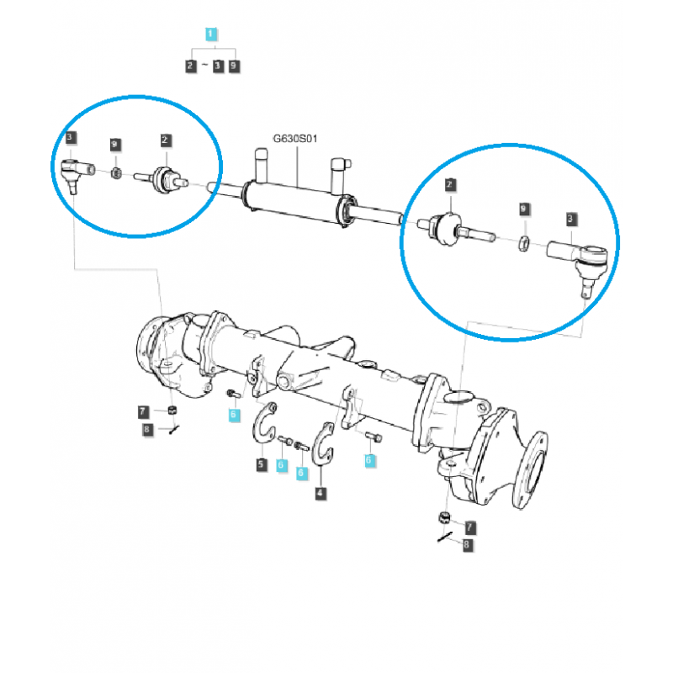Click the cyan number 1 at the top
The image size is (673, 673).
211,34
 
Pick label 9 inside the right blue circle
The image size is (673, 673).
523,207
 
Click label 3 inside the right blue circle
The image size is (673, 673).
571,219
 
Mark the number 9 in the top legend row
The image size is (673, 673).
233,65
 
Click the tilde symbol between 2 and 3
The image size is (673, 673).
205,65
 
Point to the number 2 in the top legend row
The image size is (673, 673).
192,65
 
